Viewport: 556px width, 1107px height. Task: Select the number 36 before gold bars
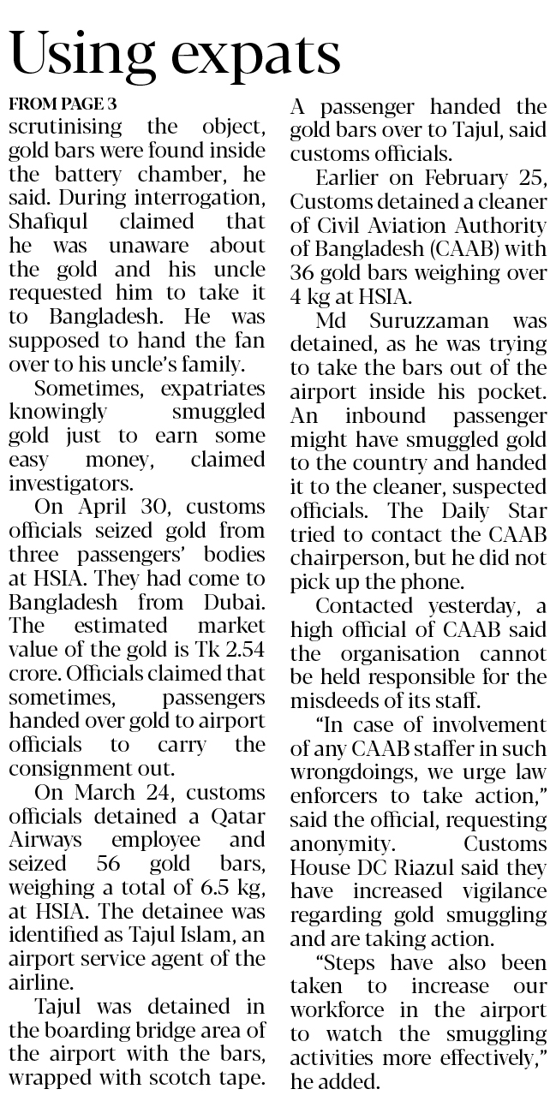pos(306,273)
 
